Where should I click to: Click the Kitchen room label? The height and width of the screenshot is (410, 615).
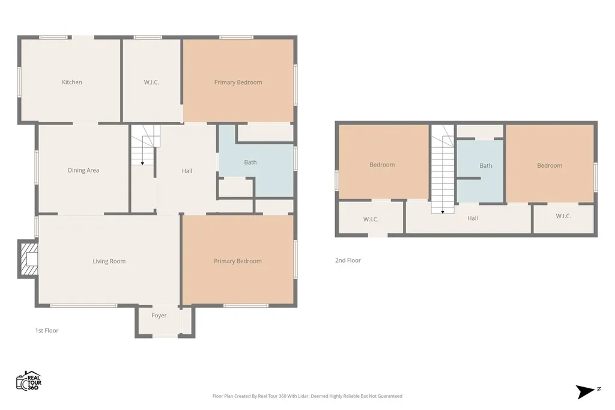72,82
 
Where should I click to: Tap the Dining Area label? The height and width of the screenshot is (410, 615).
83,170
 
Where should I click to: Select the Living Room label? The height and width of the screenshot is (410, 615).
109,261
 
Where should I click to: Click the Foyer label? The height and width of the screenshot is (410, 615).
159,316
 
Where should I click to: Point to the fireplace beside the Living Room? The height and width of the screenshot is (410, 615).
28,259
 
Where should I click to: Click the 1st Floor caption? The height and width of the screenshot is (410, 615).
47,331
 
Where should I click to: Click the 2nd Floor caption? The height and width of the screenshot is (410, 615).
348,260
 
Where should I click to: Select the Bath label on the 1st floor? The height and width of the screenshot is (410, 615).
250,162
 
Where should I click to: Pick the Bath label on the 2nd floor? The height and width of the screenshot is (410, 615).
485,166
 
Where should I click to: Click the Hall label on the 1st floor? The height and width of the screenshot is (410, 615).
187,171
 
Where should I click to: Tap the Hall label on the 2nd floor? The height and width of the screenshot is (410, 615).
473,218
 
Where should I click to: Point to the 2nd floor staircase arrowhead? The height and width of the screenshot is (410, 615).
443,212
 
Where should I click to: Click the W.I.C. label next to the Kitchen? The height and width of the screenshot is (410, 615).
151,82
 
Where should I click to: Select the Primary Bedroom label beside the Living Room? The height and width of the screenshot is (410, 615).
238,261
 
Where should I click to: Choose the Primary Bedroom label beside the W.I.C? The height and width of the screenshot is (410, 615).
238,82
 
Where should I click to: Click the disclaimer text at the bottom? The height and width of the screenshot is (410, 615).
307,396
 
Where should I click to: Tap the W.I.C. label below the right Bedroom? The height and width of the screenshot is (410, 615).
563,216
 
